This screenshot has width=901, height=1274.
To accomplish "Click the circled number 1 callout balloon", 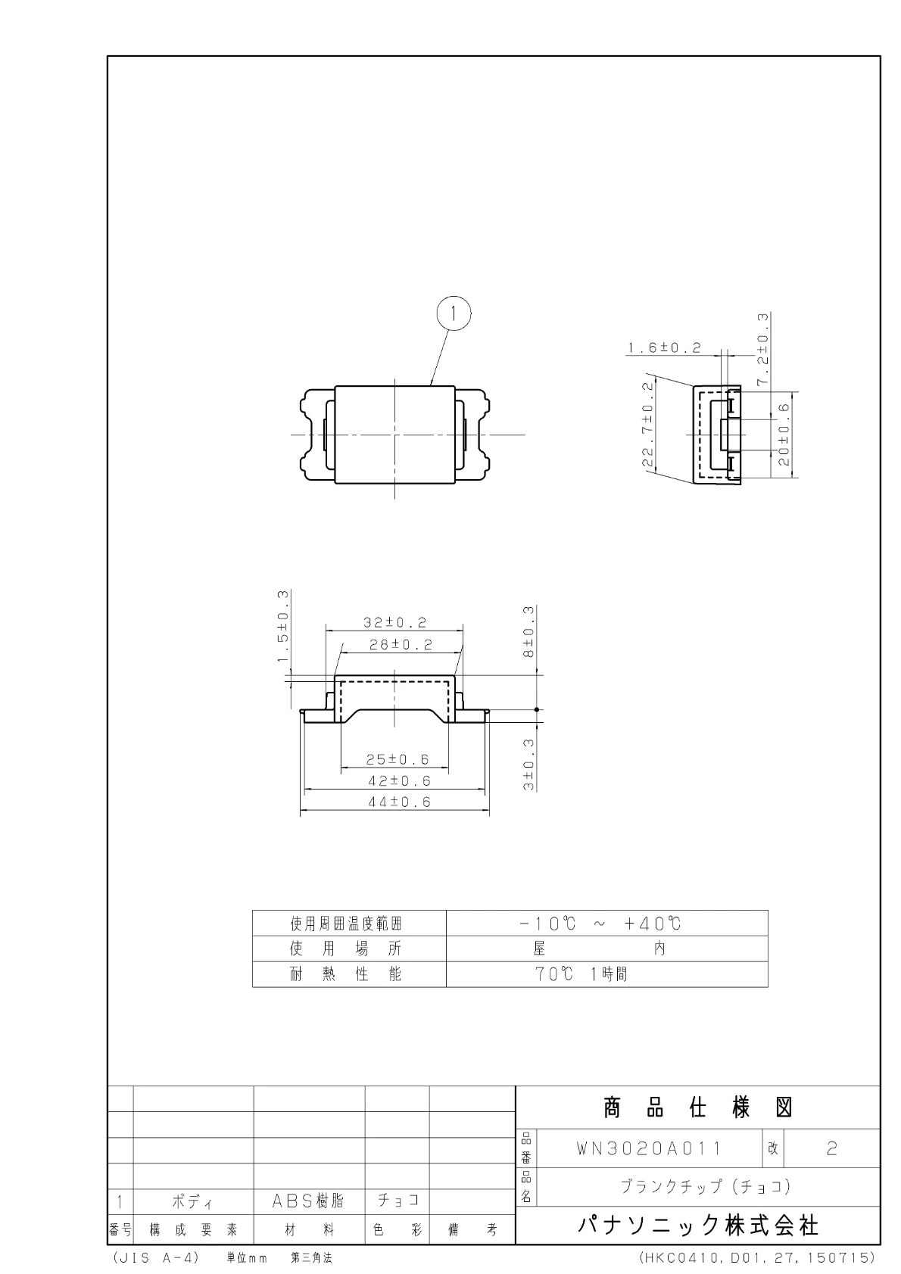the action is coord(454,313).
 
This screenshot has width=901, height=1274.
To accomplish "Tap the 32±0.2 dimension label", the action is coord(394,622).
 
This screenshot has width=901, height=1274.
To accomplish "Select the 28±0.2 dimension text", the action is coord(401,644).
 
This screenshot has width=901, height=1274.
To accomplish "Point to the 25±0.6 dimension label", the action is coord(397,759).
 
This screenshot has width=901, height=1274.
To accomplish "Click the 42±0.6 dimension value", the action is coord(399,781).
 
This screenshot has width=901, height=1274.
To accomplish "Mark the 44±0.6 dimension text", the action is coord(399,802).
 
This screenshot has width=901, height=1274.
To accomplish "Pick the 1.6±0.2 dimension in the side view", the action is coord(664,347).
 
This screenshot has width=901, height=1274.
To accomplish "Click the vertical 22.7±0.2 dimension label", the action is coord(648,424).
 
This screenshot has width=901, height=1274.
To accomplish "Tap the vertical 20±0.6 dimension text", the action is coord(784,435).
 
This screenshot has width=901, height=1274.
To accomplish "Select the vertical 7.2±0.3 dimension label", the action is coord(762,349).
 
